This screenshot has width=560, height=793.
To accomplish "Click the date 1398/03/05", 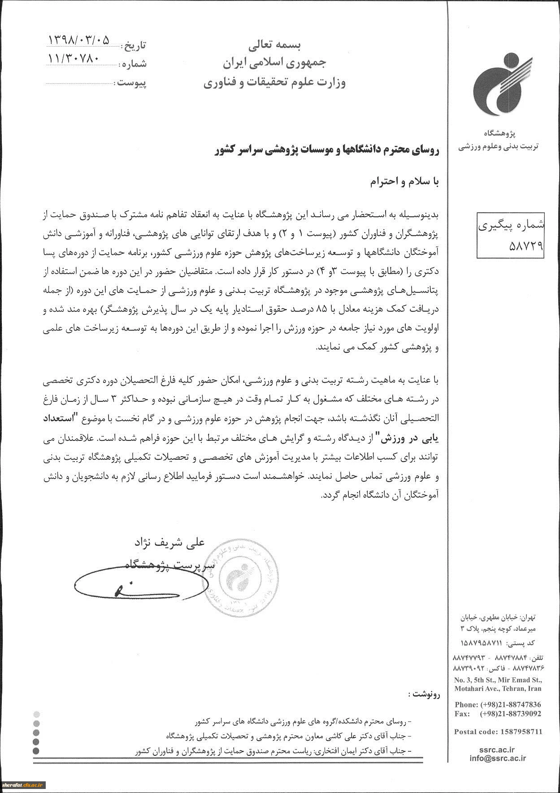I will coord(79,40).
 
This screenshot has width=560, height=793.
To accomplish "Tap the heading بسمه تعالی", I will coord(275,45).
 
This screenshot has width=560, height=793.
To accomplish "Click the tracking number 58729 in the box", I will coord(511,245).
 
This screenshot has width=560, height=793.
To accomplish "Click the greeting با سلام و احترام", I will coord(405,182).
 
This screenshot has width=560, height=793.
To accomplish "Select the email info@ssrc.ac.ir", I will coord(498,758).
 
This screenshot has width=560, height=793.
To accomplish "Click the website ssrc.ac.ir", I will coord(498,749).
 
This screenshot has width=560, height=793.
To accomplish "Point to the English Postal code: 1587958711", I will coord(498,732).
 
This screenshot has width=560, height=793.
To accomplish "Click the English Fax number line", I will coord(498,714).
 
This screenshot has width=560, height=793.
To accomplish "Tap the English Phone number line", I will coord(498,705).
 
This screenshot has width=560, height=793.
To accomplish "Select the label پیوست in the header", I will coord(131,83).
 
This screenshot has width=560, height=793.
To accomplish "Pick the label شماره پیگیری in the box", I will coord(511,226).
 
